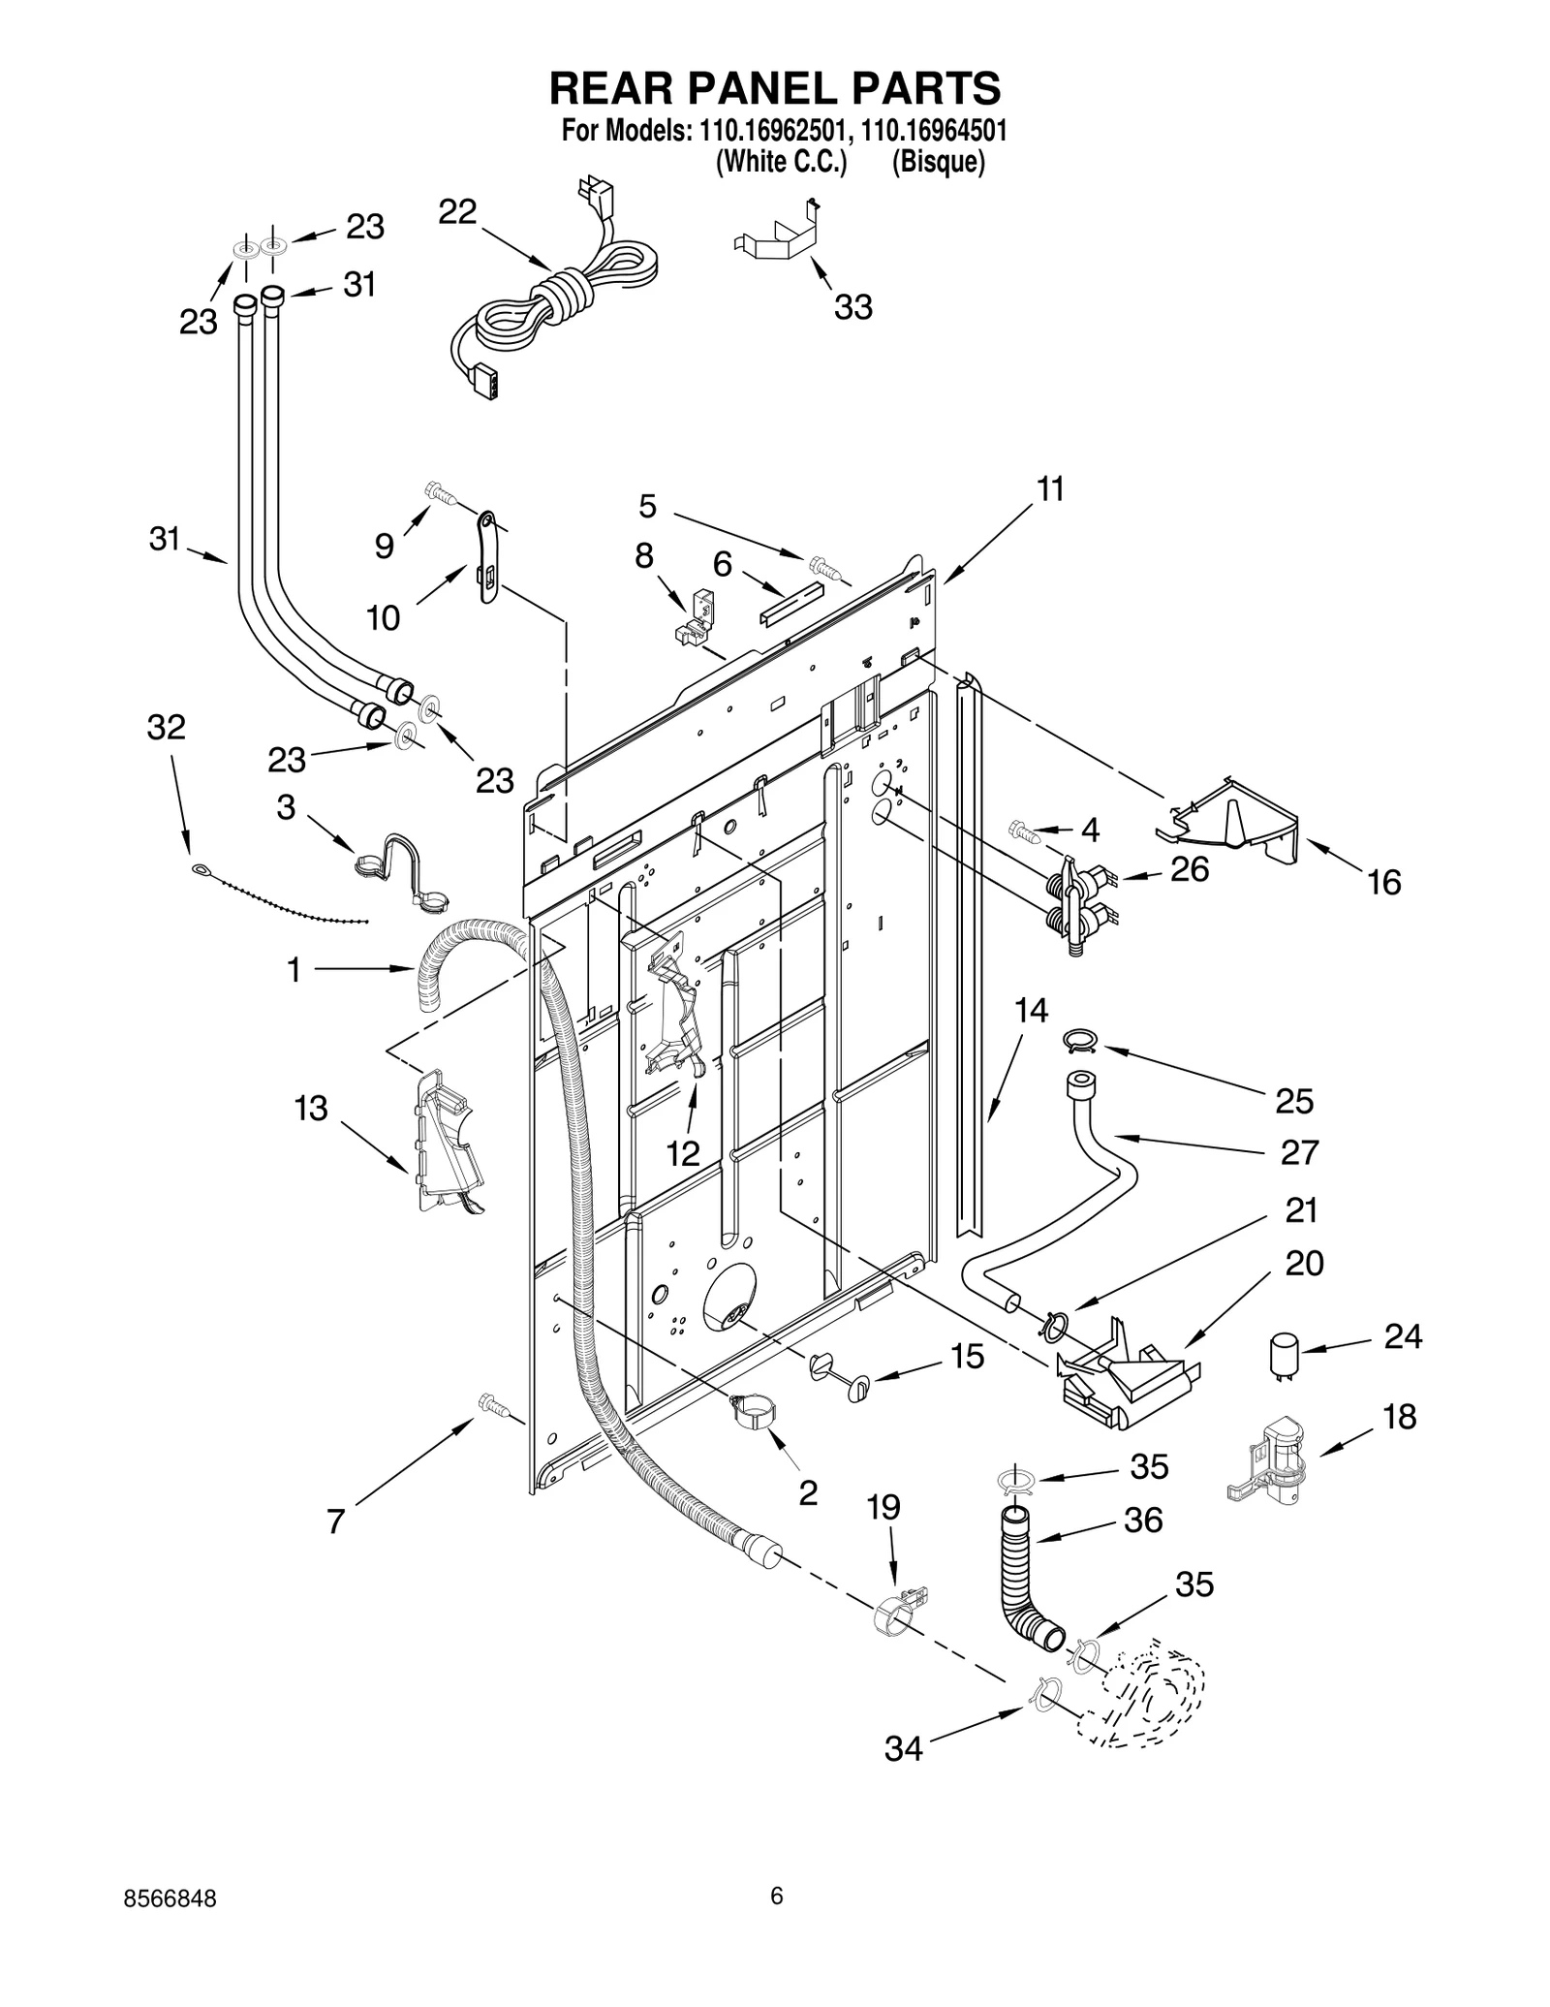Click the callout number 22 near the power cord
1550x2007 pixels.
[x=457, y=212]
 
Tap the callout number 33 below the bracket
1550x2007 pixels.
[x=852, y=307]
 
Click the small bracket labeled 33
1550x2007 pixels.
[x=779, y=235]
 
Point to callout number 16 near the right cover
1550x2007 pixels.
[x=1384, y=882]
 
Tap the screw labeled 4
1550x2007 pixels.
[x=1023, y=830]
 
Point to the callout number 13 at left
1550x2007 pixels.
[x=311, y=1109]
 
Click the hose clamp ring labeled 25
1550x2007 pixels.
[x=1079, y=1041]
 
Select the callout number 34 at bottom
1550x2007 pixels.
[x=903, y=1748]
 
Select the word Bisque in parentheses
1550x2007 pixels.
[x=938, y=163]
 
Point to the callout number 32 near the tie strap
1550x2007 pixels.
[x=166, y=727]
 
